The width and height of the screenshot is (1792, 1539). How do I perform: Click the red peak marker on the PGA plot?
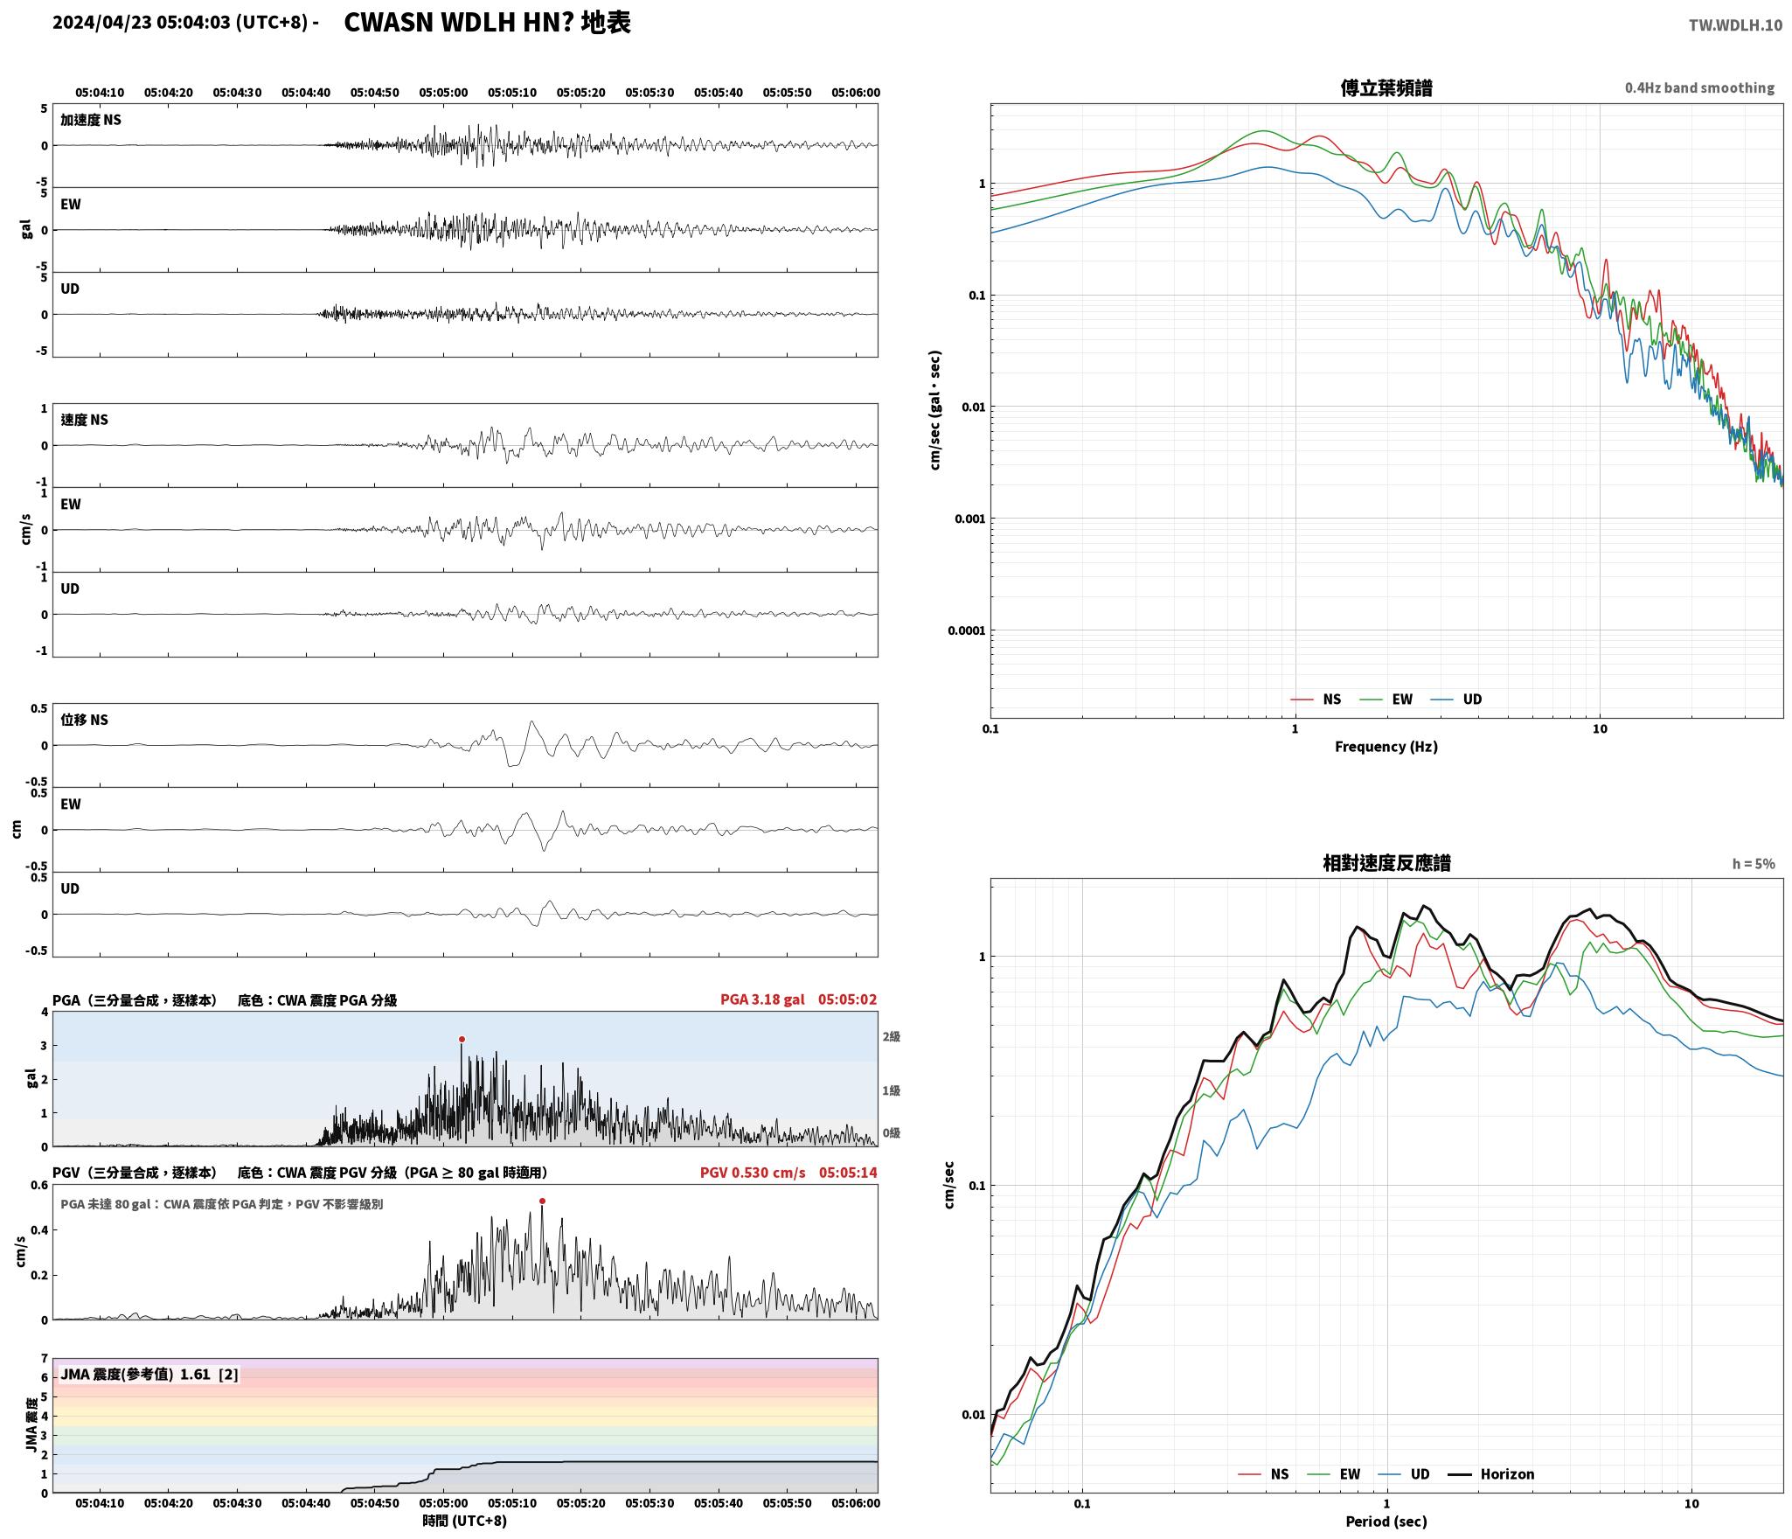click(462, 1040)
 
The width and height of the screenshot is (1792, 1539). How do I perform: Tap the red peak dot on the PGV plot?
click(542, 1201)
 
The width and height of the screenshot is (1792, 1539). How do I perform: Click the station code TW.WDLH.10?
click(1735, 25)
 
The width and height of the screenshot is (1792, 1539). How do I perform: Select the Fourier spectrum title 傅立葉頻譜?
click(1386, 88)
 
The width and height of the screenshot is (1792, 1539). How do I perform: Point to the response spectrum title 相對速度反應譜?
click(1386, 863)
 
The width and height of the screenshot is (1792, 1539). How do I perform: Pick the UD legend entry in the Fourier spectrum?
click(1456, 700)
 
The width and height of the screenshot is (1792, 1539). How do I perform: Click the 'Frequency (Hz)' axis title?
click(1386, 747)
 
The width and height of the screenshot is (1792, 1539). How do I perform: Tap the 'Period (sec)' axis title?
click(1386, 1522)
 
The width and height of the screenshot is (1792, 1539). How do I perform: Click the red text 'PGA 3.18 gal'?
click(762, 999)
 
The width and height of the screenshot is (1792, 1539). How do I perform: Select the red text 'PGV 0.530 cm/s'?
click(753, 1173)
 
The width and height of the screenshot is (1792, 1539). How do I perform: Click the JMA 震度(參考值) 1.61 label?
click(149, 1375)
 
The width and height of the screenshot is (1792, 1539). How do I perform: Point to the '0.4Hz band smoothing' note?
click(1699, 88)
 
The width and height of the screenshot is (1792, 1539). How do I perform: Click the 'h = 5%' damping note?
click(1754, 864)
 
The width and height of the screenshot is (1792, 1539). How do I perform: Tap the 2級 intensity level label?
click(891, 1037)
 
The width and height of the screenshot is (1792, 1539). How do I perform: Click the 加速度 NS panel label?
click(91, 120)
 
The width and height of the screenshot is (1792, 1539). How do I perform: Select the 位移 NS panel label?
click(84, 720)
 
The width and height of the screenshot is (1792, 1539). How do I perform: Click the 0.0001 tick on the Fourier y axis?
click(966, 630)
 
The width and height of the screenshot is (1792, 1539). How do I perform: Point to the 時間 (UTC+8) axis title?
click(465, 1521)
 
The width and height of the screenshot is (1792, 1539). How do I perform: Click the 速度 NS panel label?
click(84, 420)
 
